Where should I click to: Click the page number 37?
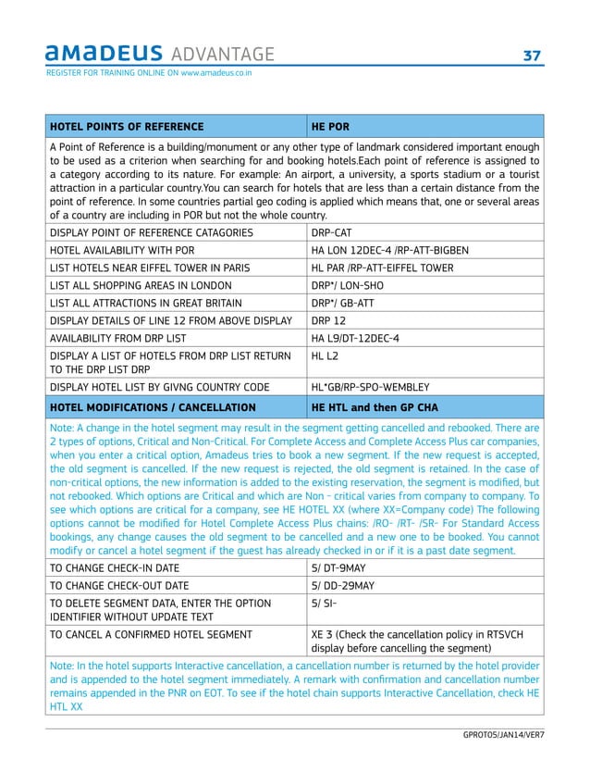coord(532,56)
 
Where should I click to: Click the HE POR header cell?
coord(330,126)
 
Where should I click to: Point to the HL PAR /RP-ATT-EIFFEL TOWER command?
coord(387,268)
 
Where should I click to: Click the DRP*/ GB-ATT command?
coord(346,303)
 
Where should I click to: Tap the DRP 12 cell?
coord(328,320)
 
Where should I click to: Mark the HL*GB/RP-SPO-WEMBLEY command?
coord(375,387)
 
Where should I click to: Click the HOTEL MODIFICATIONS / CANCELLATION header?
coord(153,406)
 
